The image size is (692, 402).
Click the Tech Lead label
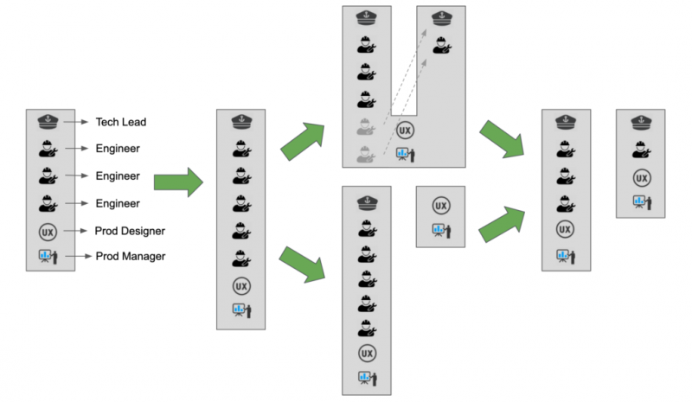(x=121, y=122)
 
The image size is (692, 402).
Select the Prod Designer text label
(x=130, y=231)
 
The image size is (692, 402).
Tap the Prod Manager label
(x=131, y=256)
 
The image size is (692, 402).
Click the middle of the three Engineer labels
(x=118, y=175)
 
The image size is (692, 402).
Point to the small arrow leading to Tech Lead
(x=76, y=122)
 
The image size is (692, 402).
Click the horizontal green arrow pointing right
(x=178, y=182)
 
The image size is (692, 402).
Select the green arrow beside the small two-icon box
(x=502, y=224)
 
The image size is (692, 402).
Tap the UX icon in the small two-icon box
(x=441, y=206)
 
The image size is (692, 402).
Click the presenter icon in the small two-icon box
(x=441, y=231)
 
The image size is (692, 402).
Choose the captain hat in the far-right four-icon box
(x=641, y=122)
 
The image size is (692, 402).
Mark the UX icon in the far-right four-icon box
(x=642, y=178)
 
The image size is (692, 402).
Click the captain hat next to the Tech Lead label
(x=48, y=121)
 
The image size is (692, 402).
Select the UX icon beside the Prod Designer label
(x=48, y=232)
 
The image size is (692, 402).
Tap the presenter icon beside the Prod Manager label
(x=48, y=257)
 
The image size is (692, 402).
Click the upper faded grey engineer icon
(x=366, y=126)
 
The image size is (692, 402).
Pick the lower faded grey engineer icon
(x=366, y=154)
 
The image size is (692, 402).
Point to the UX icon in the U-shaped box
(x=405, y=131)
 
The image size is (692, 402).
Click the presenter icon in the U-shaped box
(x=405, y=155)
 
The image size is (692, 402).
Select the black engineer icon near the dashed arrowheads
(x=441, y=46)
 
